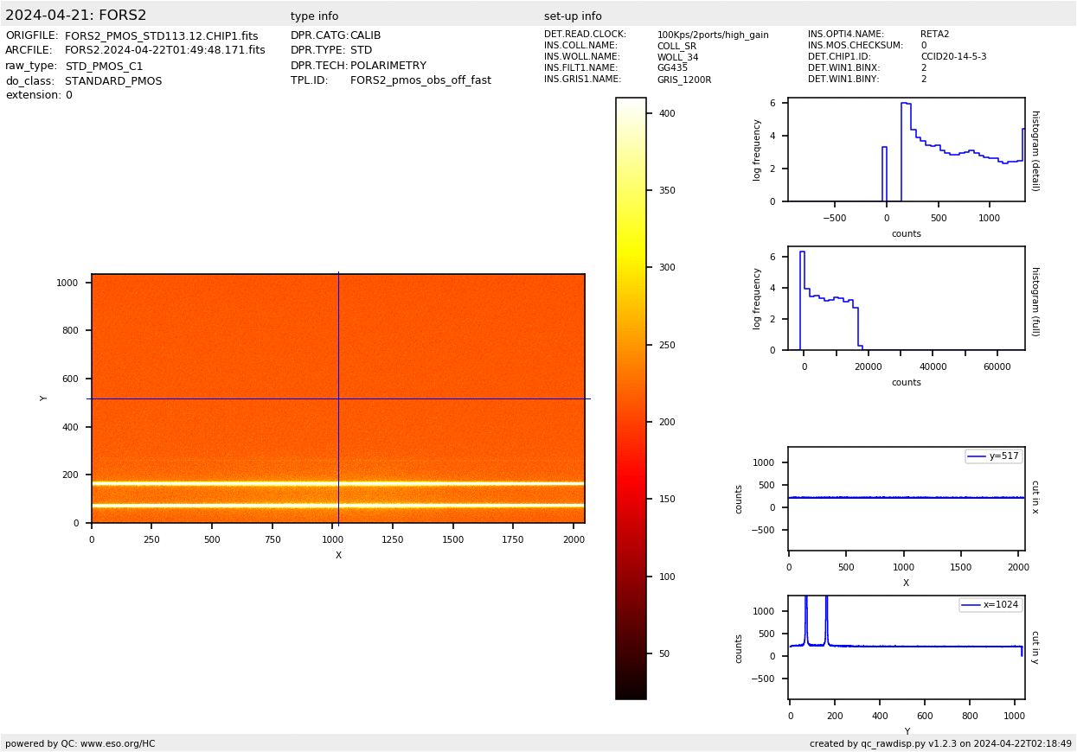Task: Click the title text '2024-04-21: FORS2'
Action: tap(76, 16)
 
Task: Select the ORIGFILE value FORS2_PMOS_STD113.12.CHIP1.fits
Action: tap(161, 36)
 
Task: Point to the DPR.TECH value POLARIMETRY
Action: tap(388, 66)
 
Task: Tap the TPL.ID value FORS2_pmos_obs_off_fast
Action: tap(420, 80)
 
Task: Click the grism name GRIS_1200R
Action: tap(683, 80)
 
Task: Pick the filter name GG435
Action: tap(672, 68)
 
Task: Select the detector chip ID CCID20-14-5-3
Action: tap(953, 57)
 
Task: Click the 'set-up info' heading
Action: tap(573, 16)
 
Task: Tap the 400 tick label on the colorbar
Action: tap(666, 113)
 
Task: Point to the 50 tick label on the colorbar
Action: tap(664, 654)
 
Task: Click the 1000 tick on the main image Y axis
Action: tap(68, 283)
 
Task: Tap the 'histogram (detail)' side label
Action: tap(1035, 150)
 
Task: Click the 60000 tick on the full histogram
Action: tap(997, 366)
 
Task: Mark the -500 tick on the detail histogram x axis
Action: tap(834, 218)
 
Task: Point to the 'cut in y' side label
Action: tap(1035, 647)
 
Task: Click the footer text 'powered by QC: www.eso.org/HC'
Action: tap(80, 743)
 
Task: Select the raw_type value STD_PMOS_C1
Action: tap(104, 67)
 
